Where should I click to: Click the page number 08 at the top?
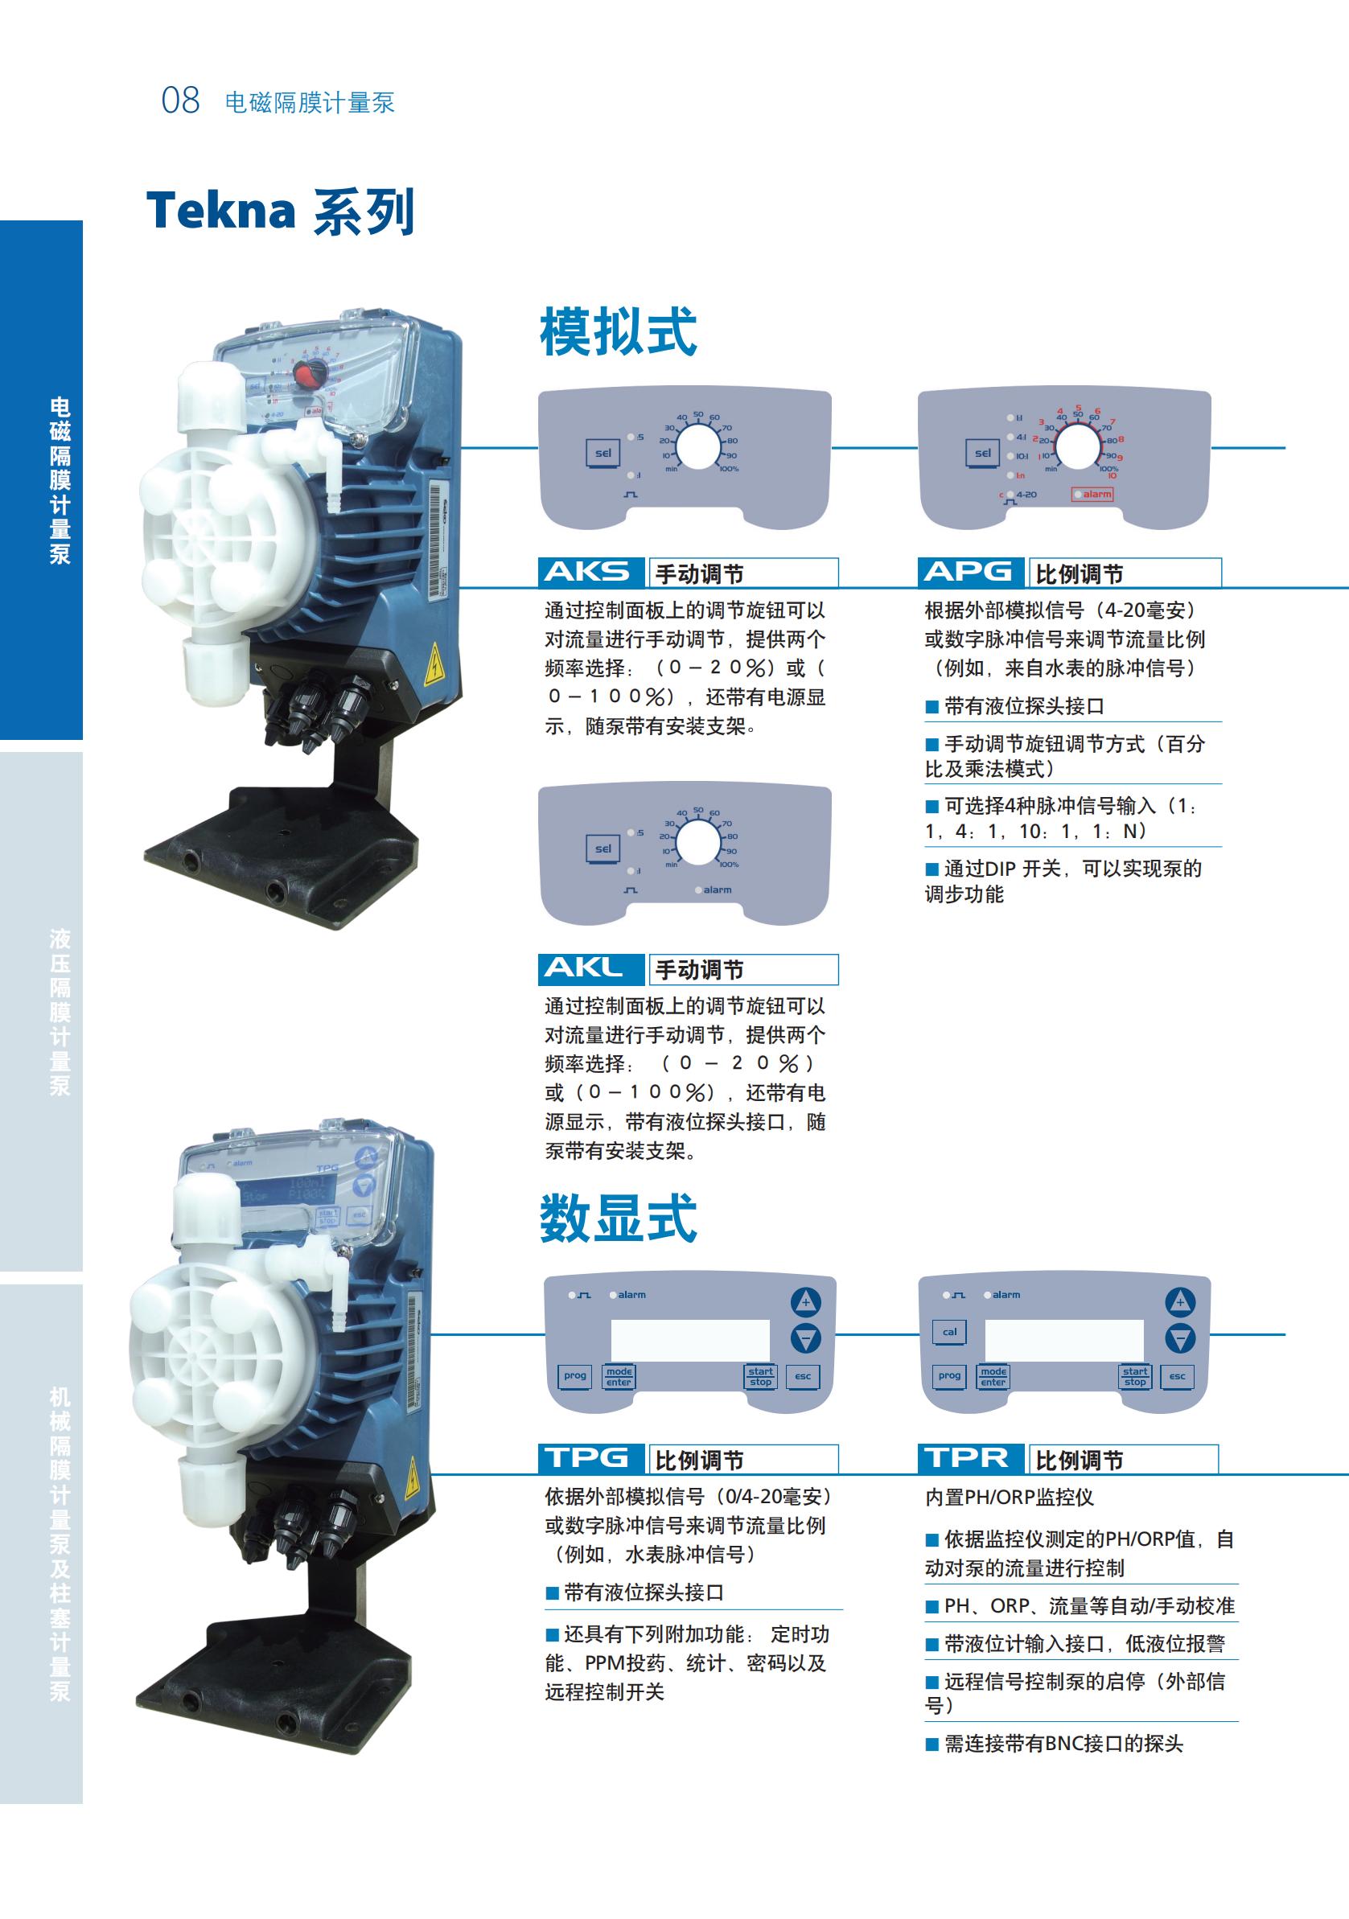[x=180, y=101]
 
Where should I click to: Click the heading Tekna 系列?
[x=280, y=211]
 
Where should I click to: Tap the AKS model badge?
[x=590, y=573]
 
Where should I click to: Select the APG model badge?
[x=970, y=573]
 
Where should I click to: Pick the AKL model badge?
[x=590, y=968]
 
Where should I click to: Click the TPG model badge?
[x=590, y=1458]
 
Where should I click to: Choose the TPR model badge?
[x=970, y=1458]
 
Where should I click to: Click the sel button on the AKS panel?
[x=603, y=453]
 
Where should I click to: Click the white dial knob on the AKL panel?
[x=697, y=843]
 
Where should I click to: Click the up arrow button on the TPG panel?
[x=806, y=1301]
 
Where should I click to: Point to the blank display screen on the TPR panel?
[x=1063, y=1340]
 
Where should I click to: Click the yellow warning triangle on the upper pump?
[x=434, y=665]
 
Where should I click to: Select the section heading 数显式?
[x=618, y=1218]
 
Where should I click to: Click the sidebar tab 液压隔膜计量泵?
[x=60, y=1011]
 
